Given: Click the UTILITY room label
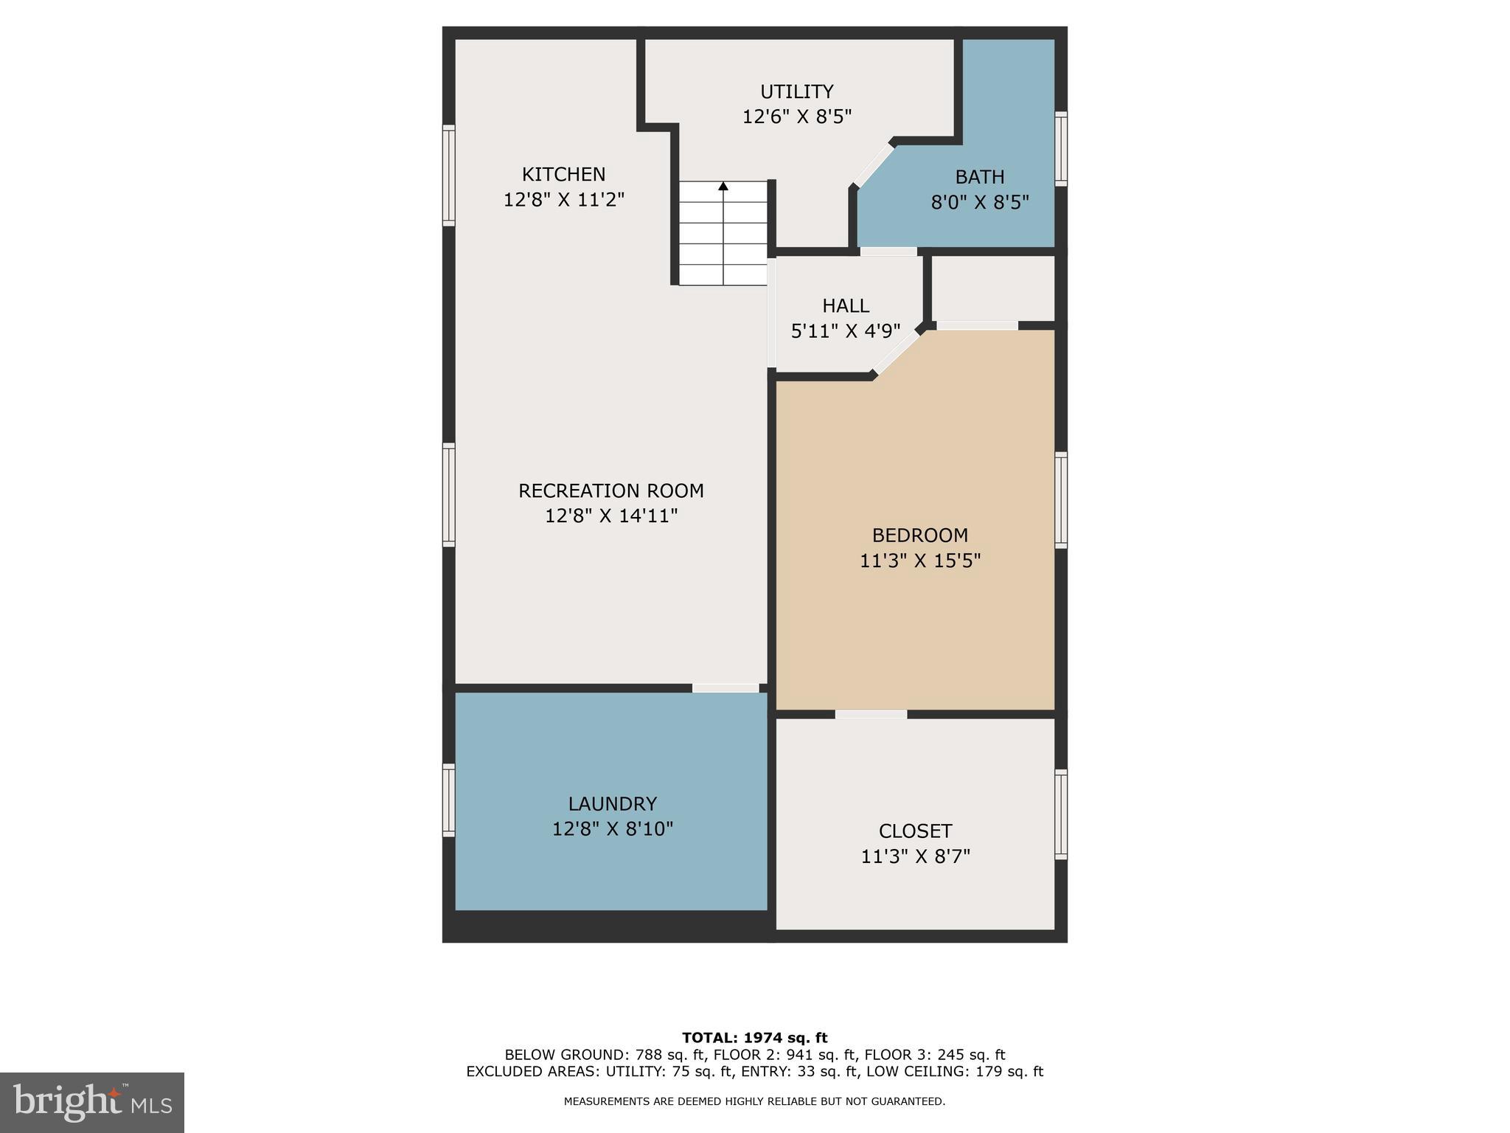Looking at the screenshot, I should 796,91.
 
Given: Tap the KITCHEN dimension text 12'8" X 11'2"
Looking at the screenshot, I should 564,200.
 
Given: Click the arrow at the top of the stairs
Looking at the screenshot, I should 723,187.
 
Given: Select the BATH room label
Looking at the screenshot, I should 979,177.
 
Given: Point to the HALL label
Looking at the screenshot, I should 846,305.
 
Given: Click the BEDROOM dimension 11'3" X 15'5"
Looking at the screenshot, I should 919,561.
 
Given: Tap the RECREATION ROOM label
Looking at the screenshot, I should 610,491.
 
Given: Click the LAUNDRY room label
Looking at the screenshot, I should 612,803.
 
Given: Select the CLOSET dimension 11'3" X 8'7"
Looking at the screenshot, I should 915,856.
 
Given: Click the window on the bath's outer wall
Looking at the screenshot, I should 1060,148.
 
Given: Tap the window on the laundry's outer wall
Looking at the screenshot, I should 448,800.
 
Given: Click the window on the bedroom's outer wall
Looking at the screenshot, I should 1060,499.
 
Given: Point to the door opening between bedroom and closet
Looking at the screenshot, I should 871,714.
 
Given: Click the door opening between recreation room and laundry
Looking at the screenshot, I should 726,688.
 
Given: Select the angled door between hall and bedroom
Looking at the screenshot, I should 897,353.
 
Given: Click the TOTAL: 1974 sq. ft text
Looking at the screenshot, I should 754,1038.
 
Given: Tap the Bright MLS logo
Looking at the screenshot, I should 92,1102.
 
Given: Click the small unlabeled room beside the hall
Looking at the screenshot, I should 993,288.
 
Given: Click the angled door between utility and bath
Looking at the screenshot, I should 874,165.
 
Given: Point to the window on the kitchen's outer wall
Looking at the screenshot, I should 448,175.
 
